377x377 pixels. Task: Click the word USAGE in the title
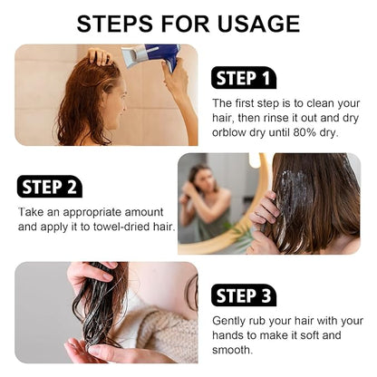coord(258,24)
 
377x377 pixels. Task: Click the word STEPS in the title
coord(115,24)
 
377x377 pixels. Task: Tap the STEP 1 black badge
coord(244,78)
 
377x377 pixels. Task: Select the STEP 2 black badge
coord(50,187)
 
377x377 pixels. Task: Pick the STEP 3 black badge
coord(244,295)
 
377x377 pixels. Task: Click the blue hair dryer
coord(152,56)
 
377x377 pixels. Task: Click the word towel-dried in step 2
coord(121,227)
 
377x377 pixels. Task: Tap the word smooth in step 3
coord(231,350)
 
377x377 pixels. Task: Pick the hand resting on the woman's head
coord(99,56)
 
